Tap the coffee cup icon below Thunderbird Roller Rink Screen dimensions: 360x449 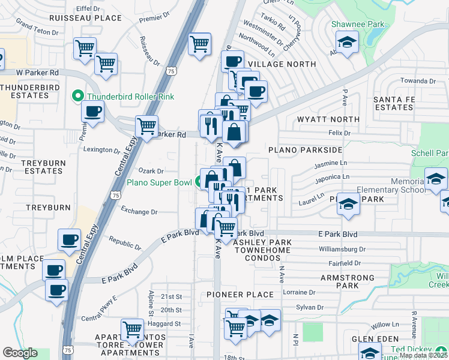(93, 111)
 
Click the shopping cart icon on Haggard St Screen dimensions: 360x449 (132, 329)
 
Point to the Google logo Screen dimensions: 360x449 (20, 353)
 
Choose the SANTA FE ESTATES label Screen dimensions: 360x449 (393, 103)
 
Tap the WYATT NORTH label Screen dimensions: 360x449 (328, 119)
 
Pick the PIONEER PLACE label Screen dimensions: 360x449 (240, 295)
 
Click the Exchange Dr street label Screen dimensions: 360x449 (139, 211)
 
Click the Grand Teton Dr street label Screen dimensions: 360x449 (35, 27)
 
